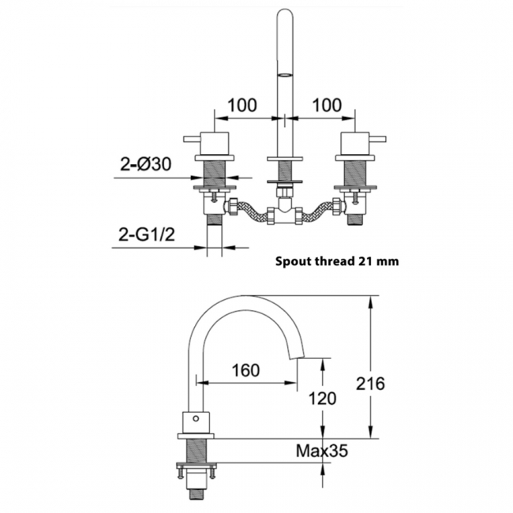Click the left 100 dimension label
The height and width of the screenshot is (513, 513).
(x=242, y=105)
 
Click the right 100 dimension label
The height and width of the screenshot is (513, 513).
(x=327, y=105)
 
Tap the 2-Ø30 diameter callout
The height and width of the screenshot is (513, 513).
(x=145, y=164)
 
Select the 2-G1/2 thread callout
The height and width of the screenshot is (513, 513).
(x=147, y=234)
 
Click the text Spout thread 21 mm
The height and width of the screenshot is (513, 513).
(x=337, y=261)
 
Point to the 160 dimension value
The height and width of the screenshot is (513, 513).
(x=245, y=370)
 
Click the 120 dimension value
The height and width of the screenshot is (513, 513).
(x=322, y=399)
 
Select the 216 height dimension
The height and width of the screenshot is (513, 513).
(x=370, y=384)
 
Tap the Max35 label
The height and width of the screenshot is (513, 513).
(x=322, y=451)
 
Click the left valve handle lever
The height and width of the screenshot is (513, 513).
(x=192, y=140)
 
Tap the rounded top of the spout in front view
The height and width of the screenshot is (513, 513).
(x=285, y=13)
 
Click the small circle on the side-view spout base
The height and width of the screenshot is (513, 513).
(x=196, y=418)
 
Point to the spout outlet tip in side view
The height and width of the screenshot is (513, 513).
(x=297, y=358)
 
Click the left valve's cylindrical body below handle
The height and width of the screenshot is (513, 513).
(x=215, y=144)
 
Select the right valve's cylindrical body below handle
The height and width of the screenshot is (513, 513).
(x=354, y=144)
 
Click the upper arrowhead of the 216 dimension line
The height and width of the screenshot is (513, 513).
(x=370, y=301)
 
